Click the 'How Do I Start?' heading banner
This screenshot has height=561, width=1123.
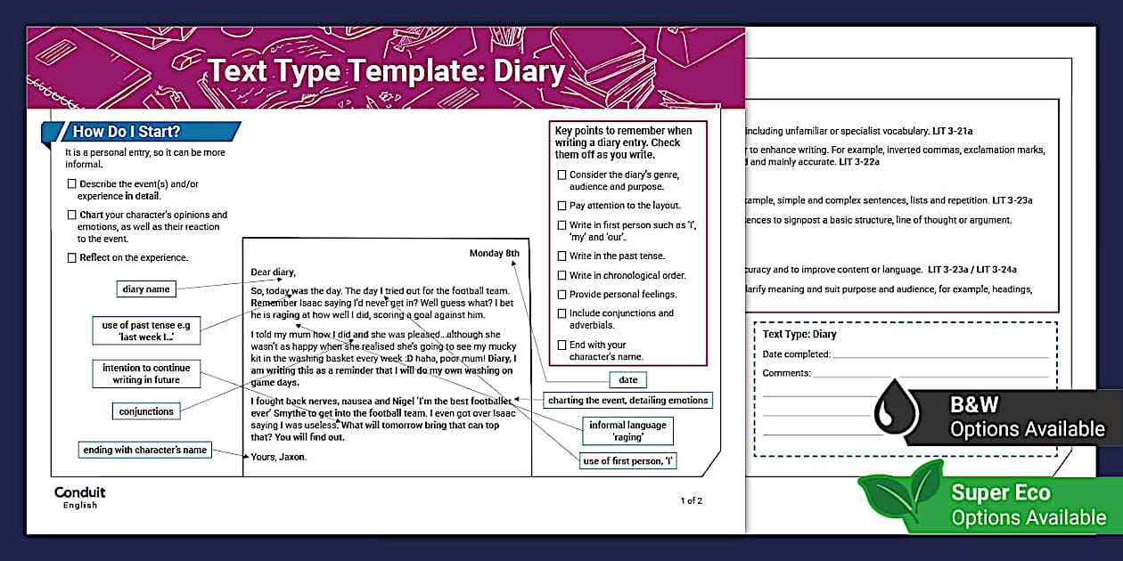point(143,132)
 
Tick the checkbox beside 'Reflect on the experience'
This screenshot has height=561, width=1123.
point(72,258)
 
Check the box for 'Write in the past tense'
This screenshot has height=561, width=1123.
point(562,256)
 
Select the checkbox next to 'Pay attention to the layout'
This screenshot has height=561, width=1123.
point(562,206)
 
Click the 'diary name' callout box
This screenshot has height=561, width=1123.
point(145,289)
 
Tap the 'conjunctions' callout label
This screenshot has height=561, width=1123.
point(147,411)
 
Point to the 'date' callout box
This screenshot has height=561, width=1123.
point(627,380)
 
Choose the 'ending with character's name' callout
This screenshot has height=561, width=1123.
point(144,450)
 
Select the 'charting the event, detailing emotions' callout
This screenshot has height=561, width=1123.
point(627,401)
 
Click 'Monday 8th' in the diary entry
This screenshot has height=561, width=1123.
point(494,254)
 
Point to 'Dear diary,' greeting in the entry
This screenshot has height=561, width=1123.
point(273,272)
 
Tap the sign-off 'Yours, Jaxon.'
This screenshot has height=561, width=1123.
point(278,457)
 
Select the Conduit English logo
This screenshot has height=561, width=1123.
point(79,498)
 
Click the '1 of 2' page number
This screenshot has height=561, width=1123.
point(692,500)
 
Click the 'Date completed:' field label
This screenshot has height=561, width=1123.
point(797,354)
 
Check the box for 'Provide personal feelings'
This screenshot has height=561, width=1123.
point(562,295)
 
